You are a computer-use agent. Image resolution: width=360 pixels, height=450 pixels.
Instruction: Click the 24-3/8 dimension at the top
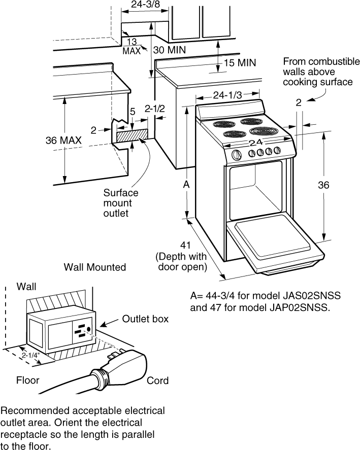point(144,5)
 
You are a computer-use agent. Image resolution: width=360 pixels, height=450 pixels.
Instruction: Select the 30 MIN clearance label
point(170,50)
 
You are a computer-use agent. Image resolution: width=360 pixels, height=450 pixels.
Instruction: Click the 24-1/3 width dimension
point(227,95)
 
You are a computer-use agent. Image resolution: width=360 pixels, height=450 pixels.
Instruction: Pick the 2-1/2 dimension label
point(154,108)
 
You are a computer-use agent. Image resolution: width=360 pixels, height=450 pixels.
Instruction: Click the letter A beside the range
point(186,186)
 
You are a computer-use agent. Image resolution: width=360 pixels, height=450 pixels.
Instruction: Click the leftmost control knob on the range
point(236,155)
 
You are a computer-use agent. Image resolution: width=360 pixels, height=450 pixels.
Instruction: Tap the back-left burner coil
point(223,124)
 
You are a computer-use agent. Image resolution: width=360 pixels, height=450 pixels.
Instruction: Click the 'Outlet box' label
point(145,319)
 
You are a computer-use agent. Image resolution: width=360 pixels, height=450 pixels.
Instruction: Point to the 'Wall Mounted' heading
point(94,267)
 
